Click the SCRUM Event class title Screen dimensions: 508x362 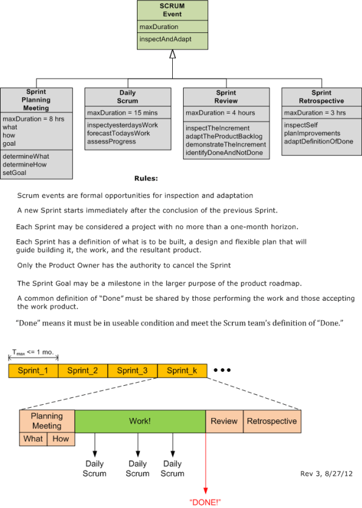pos(172,10)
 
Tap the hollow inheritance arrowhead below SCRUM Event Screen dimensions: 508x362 pos(173,55)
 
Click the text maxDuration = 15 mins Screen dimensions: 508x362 pos(114,113)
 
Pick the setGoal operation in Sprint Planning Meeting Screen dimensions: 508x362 pos(15,173)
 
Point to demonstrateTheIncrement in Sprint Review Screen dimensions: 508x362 pos(226,145)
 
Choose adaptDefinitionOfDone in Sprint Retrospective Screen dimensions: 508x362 pos(318,142)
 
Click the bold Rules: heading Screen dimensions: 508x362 pos(146,179)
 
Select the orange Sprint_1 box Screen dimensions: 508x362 pos(33,371)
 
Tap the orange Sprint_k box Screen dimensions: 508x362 pos(182,371)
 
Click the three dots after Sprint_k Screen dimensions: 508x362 pos(222,370)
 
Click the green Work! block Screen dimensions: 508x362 pos(140,420)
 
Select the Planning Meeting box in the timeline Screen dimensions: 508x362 pos(47,420)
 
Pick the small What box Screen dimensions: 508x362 pos(33,438)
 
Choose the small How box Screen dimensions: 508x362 pos(61,438)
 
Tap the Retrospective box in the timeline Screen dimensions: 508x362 pos(272,420)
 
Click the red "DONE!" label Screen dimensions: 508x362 pos(205,501)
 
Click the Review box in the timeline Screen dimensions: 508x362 pos(224,420)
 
